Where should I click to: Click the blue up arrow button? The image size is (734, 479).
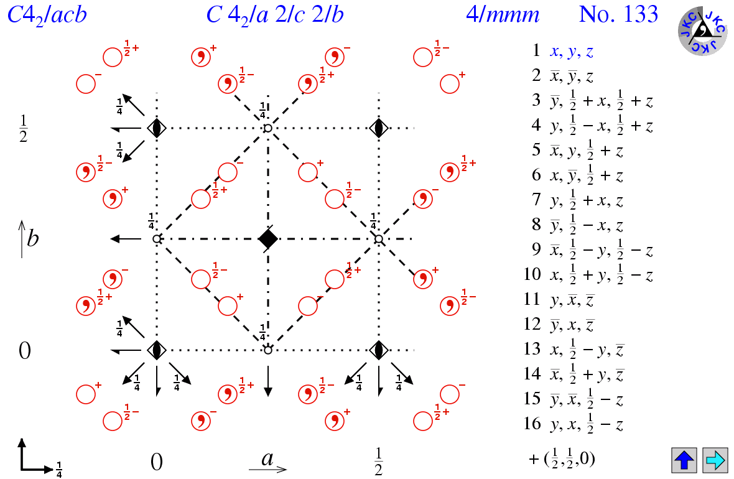click(x=684, y=460)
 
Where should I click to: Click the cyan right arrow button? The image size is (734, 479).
click(x=715, y=460)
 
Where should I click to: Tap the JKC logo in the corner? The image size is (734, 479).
click(x=702, y=29)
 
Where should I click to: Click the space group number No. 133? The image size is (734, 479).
click(x=618, y=14)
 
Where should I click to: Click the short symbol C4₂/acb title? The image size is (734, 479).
click(x=47, y=14)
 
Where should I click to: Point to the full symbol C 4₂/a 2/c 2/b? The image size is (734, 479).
click(x=275, y=14)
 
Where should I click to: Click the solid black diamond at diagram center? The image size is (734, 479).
click(x=268, y=238)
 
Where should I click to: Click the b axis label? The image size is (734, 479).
click(x=32, y=238)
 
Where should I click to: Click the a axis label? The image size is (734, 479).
click(x=268, y=459)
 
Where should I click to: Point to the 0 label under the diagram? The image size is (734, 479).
click(x=156, y=462)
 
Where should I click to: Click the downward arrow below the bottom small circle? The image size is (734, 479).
click(x=268, y=381)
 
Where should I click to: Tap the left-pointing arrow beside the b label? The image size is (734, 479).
click(x=125, y=239)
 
